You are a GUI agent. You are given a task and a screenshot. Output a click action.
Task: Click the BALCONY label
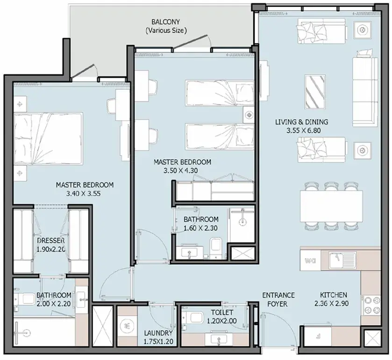coord(165,22)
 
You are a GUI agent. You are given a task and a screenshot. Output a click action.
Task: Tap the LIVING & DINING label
coord(301,122)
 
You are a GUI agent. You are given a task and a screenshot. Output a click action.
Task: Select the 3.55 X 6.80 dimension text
coord(304,130)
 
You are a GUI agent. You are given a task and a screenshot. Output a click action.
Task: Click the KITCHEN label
coord(334,295)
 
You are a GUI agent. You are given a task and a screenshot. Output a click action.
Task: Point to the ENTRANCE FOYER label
coord(278,300)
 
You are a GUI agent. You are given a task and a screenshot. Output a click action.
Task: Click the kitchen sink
coord(342,260)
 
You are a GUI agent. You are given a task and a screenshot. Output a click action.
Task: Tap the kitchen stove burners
coord(371,305)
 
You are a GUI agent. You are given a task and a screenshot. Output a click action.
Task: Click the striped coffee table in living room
coord(315,92)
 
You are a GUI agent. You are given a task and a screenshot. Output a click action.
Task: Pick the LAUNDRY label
coord(158,333)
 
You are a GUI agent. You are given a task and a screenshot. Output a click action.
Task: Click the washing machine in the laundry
coord(127,326)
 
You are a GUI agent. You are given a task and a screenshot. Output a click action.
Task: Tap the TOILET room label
coord(222,312)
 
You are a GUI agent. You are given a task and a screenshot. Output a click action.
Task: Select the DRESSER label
coord(51,241)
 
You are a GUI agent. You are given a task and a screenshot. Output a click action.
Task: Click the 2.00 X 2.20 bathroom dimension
coord(54,304)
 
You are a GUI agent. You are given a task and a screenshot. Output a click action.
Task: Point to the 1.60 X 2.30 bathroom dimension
coord(200,228)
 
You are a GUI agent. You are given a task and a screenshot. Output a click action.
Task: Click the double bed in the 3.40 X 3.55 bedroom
coord(48,138)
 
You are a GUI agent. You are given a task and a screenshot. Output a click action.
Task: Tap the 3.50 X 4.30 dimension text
coord(181,171)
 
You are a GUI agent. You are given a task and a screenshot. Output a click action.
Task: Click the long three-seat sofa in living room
coord(365,92)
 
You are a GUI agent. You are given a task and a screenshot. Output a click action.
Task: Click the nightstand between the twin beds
coord(249,115)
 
